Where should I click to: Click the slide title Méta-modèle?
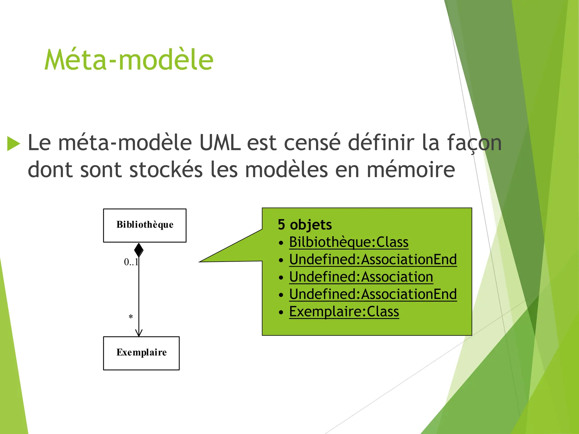[129, 60]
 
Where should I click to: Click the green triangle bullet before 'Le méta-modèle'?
[13, 144]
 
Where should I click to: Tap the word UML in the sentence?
[220, 143]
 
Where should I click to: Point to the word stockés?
[166, 170]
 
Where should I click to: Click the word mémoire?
[411, 170]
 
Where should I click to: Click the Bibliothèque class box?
[145, 225]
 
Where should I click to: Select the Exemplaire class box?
[141, 353]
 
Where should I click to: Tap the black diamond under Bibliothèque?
[139, 250]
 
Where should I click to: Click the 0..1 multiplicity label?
[131, 262]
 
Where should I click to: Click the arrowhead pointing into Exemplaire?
[139, 333]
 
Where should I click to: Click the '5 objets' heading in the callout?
[305, 225]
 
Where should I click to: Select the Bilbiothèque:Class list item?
[349, 242]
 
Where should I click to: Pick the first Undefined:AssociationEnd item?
[373, 259]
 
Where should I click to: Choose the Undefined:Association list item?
[361, 277]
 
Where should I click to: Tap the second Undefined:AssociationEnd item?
[373, 294]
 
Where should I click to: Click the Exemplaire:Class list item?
[344, 312]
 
